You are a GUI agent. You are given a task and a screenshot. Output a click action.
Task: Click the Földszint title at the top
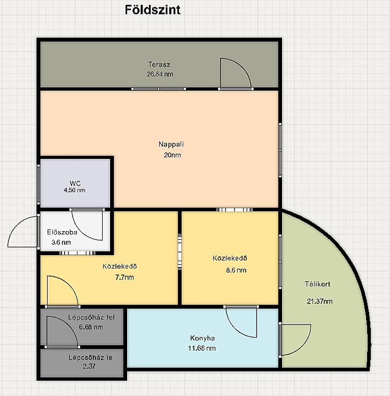pos(152,10)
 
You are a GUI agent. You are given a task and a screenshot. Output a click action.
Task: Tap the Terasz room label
pos(159,64)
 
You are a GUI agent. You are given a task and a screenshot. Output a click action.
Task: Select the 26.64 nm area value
pos(160,74)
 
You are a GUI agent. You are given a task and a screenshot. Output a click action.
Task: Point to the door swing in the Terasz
pos(236,73)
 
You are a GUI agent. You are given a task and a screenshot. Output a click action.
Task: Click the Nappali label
pos(171,144)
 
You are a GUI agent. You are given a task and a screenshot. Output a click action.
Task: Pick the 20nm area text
pos(172,155)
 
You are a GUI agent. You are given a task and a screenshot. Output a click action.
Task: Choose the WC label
pos(75,183)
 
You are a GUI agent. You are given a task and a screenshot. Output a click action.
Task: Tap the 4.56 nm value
pos(74,190)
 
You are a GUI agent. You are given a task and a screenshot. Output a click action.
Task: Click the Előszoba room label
pos(62,232)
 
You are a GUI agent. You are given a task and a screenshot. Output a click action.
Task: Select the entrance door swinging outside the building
pos(22,231)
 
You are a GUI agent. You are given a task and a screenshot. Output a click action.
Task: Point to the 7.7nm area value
pos(124,277)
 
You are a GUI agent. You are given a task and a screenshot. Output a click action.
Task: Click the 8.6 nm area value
pos(236,270)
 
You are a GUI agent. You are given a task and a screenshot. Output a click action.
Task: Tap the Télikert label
pos(317,284)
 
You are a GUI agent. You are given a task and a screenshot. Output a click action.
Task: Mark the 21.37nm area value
pos(319,301)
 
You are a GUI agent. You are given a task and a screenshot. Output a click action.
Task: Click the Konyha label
pos(202,338)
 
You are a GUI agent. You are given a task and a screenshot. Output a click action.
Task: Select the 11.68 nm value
pos(202,348)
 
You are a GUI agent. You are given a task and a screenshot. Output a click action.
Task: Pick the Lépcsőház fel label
pos(91,317)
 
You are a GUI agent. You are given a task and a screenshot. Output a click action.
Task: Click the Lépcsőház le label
pos(90,357)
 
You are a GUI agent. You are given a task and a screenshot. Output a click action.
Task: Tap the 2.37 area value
pos(89,366)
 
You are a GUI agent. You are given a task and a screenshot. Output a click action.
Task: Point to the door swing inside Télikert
pos(295,340)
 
